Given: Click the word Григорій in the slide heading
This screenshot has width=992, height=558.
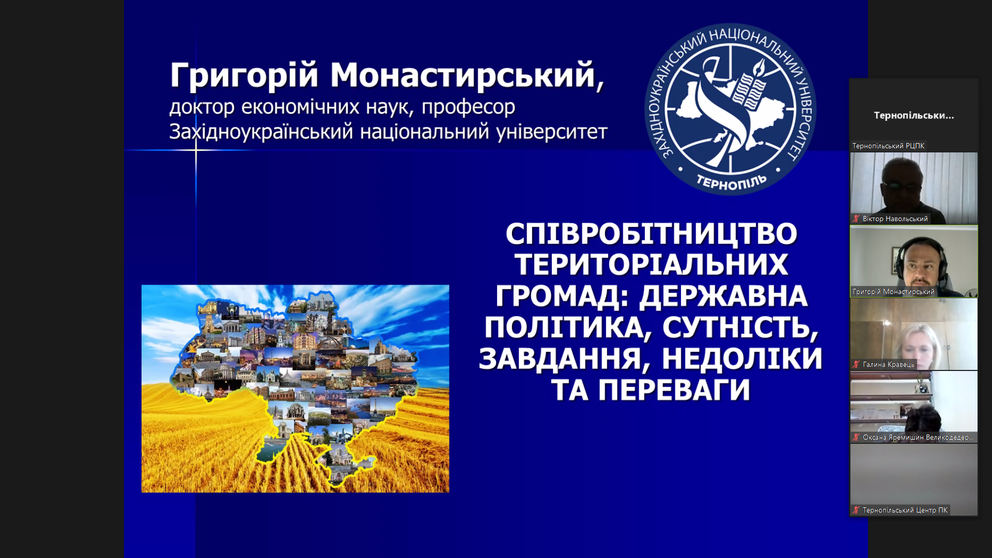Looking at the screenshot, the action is pyautogui.click(x=244, y=76).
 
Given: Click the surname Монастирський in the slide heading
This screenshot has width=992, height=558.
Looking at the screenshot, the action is pyautogui.click(x=463, y=76).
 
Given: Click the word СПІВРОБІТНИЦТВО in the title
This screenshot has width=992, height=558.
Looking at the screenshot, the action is pyautogui.click(x=651, y=234).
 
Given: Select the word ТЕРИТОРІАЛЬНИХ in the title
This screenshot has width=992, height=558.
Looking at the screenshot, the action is pyautogui.click(x=651, y=265).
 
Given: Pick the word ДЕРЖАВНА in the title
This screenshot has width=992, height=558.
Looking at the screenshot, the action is pyautogui.click(x=723, y=296).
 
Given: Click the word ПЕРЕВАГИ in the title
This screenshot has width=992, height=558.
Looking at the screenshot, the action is pyautogui.click(x=674, y=390).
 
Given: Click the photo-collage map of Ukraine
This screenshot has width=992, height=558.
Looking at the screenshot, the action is pyautogui.click(x=296, y=389).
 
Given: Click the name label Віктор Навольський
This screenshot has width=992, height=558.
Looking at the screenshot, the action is pyautogui.click(x=895, y=219).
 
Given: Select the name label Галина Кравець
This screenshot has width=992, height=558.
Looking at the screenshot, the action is pyautogui.click(x=888, y=365).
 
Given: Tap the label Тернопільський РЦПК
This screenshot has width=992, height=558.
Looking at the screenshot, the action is pyautogui.click(x=888, y=146).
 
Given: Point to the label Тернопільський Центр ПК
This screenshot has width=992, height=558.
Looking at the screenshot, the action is pyautogui.click(x=905, y=510).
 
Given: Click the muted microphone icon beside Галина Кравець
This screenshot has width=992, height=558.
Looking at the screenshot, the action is pyautogui.click(x=856, y=365).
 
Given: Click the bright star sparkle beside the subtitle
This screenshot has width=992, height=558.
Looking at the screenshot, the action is pyautogui.click(x=196, y=150).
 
